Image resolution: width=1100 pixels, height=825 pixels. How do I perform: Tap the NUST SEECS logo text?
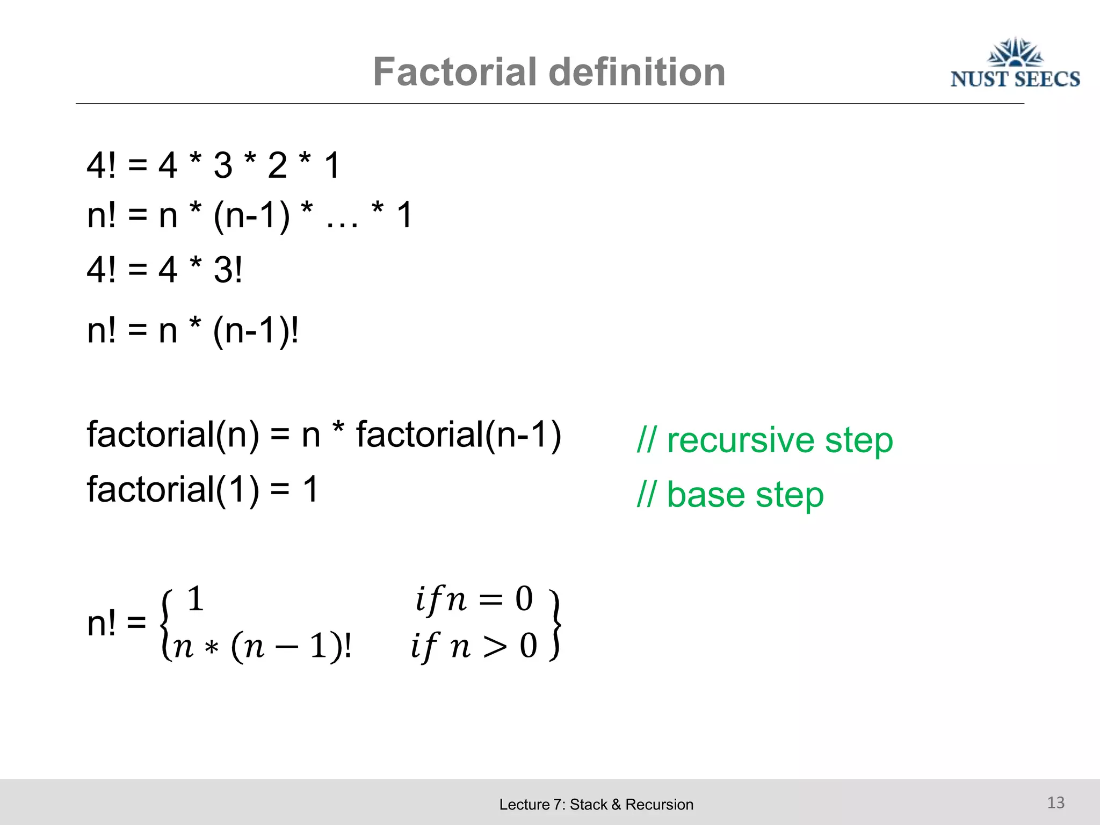(x=1015, y=79)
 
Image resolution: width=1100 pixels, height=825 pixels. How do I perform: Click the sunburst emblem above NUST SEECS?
(x=1015, y=52)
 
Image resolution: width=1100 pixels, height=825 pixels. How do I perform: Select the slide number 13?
(x=1055, y=802)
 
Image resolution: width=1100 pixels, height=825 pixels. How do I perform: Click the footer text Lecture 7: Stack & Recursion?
(x=596, y=805)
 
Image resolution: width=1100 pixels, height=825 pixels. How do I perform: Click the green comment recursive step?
(x=765, y=440)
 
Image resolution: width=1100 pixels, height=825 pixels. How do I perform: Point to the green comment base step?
(x=730, y=495)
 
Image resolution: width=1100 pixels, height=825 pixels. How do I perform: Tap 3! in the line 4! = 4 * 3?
(x=228, y=270)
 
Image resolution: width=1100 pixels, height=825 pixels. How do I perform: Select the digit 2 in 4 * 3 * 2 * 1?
(x=277, y=165)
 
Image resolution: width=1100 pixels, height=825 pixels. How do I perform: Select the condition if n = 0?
(x=474, y=599)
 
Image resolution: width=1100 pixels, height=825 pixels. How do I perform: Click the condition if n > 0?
(x=474, y=646)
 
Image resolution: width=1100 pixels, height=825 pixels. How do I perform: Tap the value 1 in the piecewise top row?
(x=196, y=599)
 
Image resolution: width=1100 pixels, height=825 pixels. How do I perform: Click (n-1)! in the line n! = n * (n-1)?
(x=256, y=331)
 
